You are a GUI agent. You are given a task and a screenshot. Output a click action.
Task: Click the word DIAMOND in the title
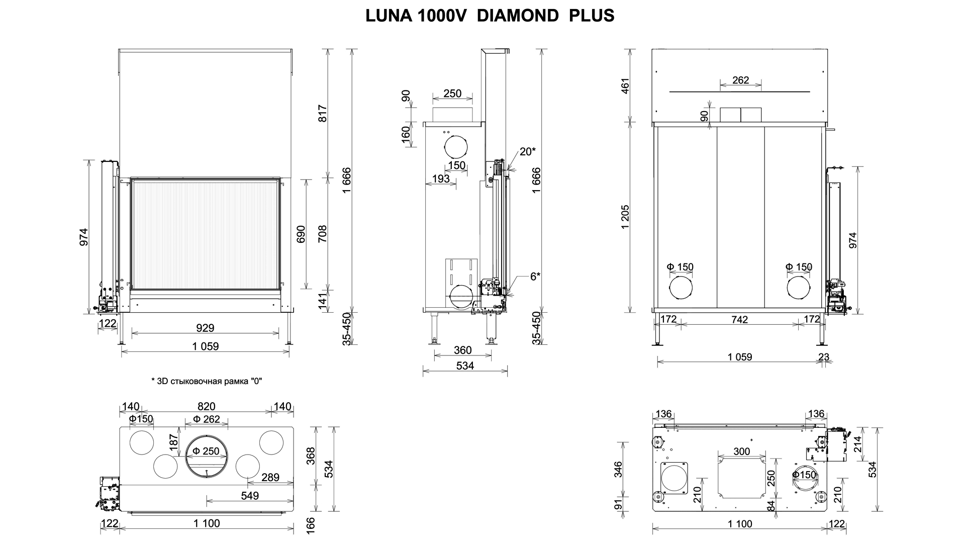517,16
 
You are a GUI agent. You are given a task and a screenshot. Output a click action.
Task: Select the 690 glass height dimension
301,234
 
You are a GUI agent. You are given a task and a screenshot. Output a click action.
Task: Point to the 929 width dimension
205,328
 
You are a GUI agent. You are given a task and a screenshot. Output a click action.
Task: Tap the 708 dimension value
323,234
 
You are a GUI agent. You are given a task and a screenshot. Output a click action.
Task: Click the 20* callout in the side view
528,151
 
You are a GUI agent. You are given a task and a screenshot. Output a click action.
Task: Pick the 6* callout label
535,276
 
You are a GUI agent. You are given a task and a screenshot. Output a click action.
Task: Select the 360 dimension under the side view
462,350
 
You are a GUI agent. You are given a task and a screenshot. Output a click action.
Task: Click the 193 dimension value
441,178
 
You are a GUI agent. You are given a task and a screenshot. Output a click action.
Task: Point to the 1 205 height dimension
625,217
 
